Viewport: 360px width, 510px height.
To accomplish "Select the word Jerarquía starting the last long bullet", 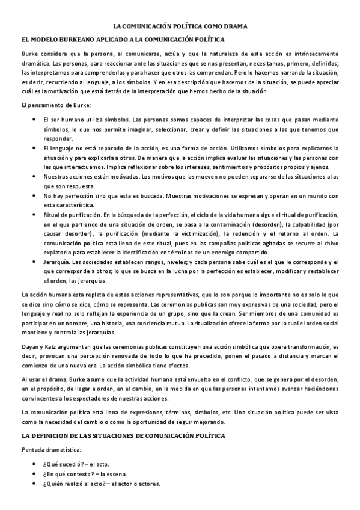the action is pyautogui.click(x=56, y=262).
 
